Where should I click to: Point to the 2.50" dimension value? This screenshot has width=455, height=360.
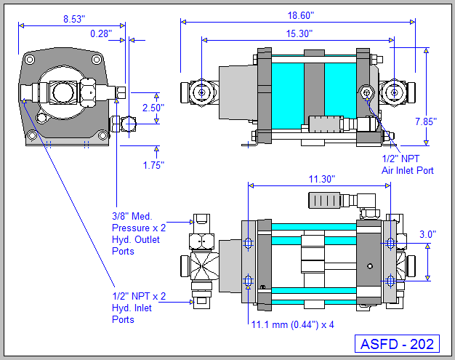153,108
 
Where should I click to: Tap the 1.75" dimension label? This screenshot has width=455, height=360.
153,165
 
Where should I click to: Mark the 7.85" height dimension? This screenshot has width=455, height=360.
425,121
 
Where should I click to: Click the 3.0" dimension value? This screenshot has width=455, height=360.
428,234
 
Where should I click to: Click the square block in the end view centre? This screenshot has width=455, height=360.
60,92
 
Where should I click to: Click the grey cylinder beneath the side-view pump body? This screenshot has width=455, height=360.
330,124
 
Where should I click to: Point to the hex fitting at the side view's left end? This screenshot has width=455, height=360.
198,92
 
